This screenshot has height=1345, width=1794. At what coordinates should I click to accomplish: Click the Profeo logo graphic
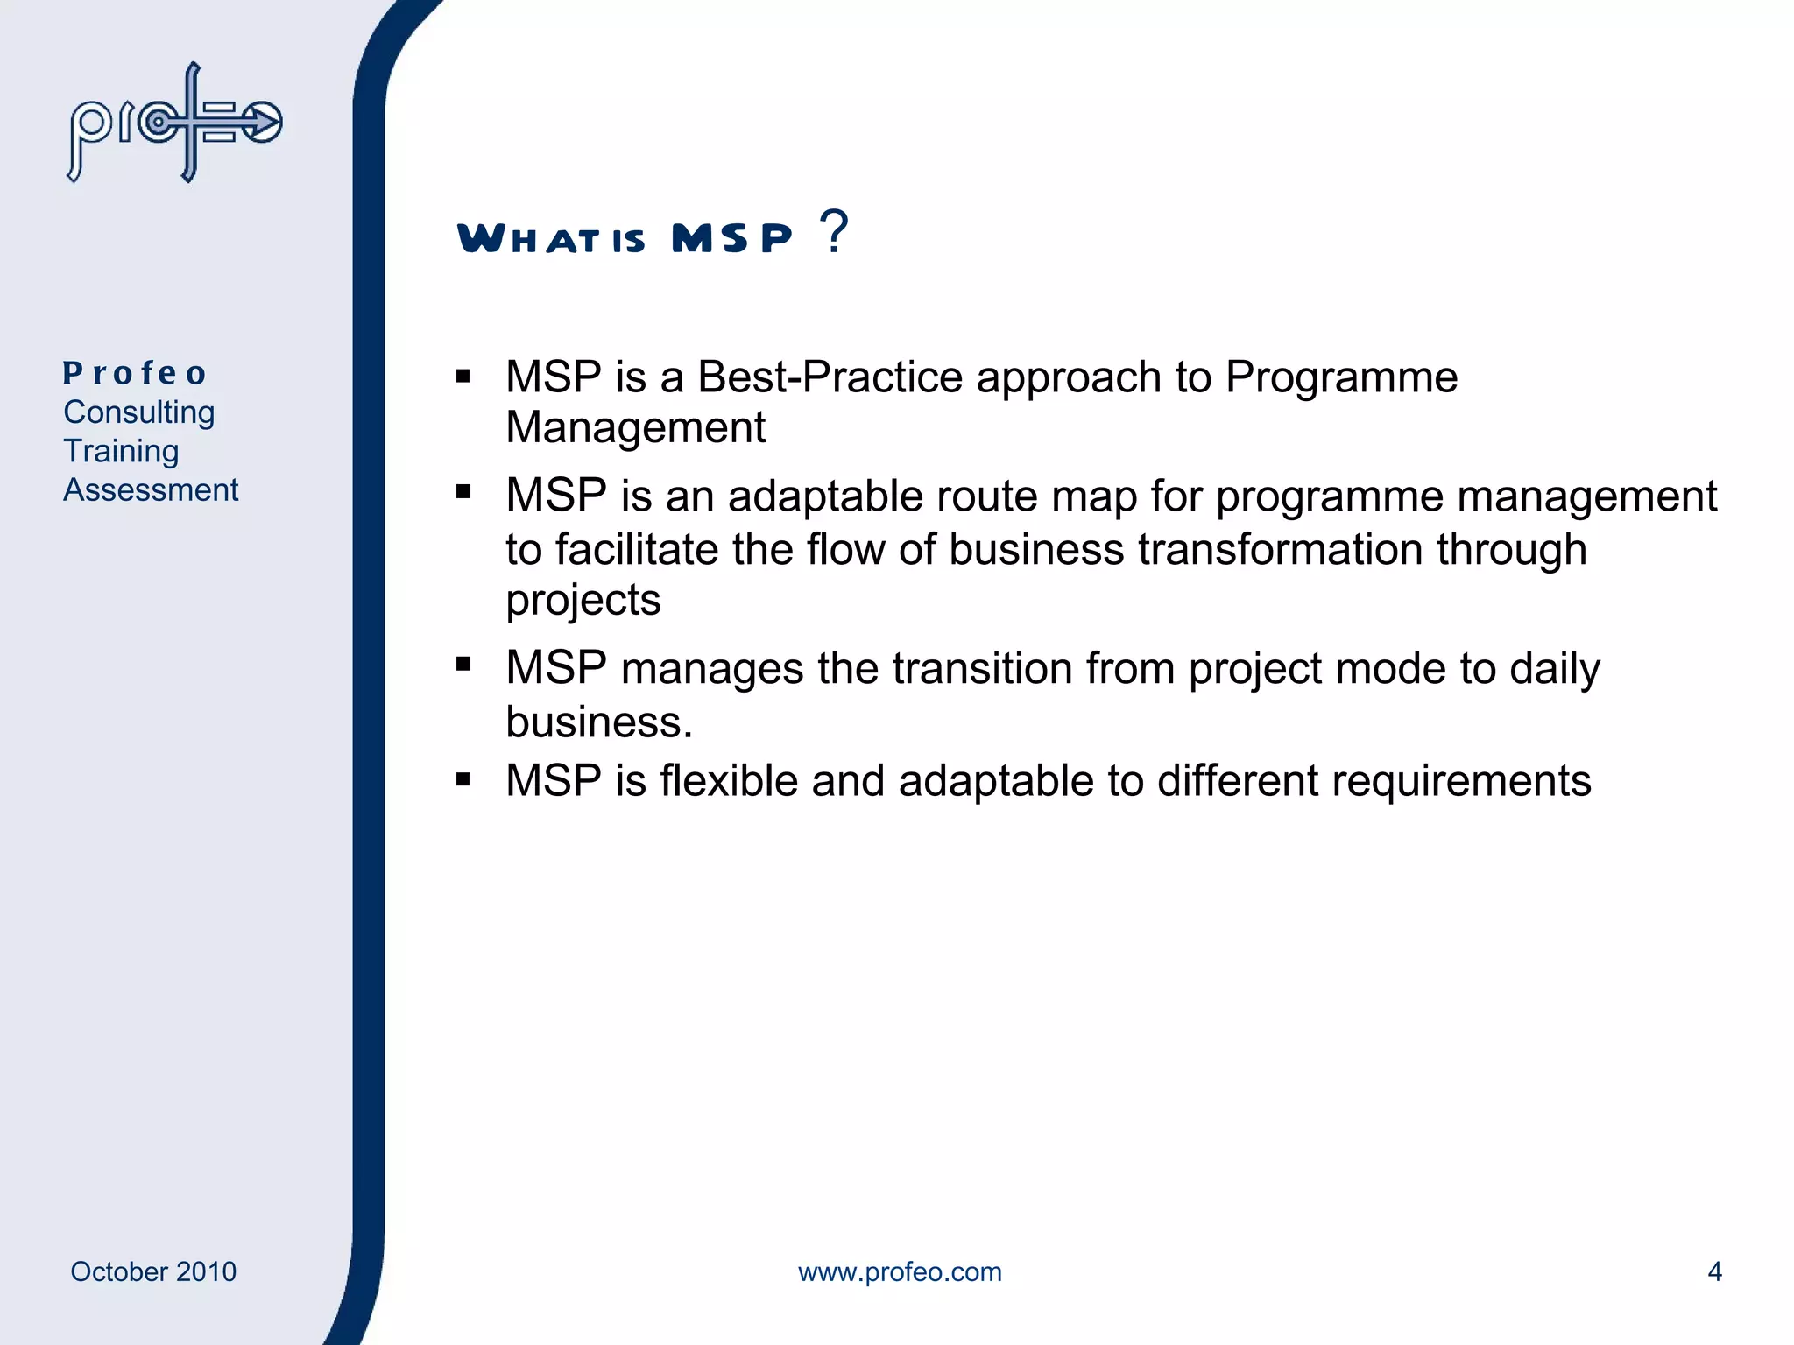[x=175, y=123]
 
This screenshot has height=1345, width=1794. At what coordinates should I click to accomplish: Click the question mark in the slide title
[x=834, y=232]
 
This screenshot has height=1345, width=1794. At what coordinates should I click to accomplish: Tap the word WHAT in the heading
[x=528, y=238]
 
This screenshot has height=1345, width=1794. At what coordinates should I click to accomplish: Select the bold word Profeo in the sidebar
[x=135, y=373]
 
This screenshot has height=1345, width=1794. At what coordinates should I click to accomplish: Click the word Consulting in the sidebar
[x=138, y=412]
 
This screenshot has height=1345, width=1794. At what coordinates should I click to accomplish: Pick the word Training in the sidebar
[x=121, y=451]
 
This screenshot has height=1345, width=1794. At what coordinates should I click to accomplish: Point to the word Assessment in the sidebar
[x=151, y=490]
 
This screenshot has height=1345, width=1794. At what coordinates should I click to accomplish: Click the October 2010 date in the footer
[x=153, y=1271]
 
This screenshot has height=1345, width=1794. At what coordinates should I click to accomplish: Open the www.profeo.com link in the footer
[x=900, y=1271]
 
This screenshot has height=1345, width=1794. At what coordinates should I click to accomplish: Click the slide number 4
[x=1714, y=1271]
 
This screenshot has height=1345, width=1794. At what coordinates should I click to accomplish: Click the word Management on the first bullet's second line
[x=635, y=428]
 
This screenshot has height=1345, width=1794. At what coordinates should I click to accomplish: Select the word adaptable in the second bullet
[x=824, y=497]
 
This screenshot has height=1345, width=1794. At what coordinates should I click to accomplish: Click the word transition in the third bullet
[x=982, y=669]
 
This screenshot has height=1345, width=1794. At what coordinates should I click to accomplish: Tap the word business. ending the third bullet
[x=599, y=722]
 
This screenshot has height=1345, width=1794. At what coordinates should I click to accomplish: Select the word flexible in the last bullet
[x=728, y=780]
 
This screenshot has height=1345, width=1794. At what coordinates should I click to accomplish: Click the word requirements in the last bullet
[x=1461, y=781]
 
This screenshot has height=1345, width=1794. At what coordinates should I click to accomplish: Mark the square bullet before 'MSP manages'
[x=463, y=665]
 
